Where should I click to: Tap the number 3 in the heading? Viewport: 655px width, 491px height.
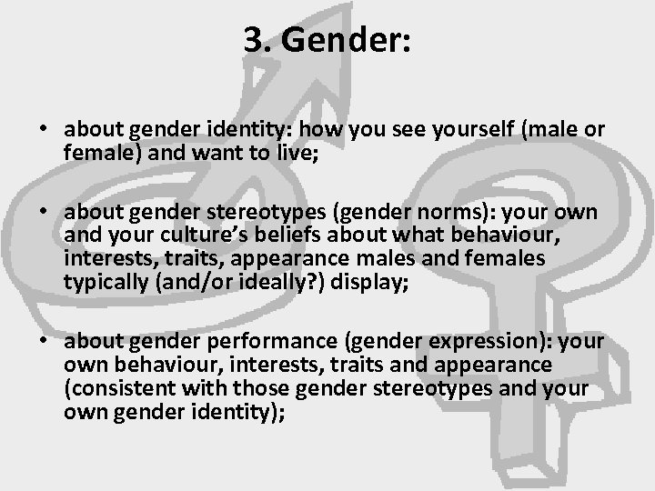coord(253,40)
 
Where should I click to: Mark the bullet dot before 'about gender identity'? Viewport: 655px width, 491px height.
coord(43,130)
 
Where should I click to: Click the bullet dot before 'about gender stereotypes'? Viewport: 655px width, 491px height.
coord(43,214)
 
